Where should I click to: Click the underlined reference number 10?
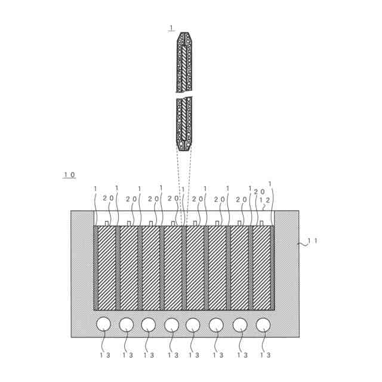[x=69, y=175]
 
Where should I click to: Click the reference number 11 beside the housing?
[x=312, y=241]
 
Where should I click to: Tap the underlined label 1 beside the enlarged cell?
[x=171, y=27]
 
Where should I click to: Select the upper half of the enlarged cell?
[x=184, y=63]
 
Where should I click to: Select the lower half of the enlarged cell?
[x=184, y=122]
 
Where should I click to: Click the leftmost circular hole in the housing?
[x=104, y=324]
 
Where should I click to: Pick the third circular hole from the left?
[x=149, y=324]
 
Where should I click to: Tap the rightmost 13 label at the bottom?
[x=264, y=355]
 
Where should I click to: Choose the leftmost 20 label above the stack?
[x=108, y=198]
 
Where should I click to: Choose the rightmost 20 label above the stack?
[x=259, y=192]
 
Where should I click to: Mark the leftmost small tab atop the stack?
[x=107, y=223]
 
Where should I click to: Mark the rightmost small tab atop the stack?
[x=261, y=223]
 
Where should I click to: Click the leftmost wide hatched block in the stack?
[x=106, y=267]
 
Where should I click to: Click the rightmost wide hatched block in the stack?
[x=261, y=267]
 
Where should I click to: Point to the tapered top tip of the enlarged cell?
[x=184, y=35]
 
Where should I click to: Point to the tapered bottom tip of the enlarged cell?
[x=184, y=148]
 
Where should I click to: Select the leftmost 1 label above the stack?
[x=95, y=189]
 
